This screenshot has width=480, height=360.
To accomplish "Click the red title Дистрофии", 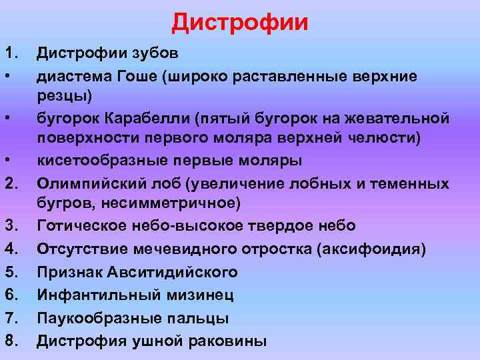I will click(x=240, y=22).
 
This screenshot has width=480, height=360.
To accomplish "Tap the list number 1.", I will click(x=11, y=52).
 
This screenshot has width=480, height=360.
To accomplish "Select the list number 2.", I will click(x=11, y=183).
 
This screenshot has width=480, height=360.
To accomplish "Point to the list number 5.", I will click(x=11, y=272).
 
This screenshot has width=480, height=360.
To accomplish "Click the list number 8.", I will click(x=11, y=341).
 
